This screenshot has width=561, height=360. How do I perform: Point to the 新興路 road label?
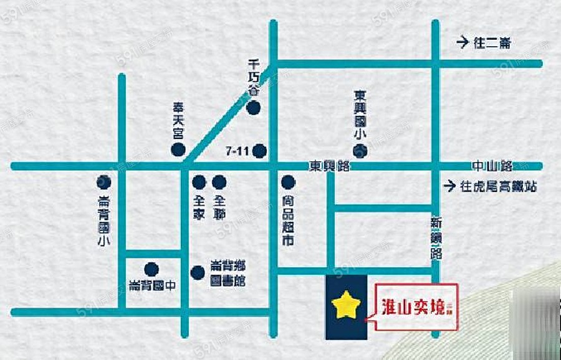(x=436, y=238)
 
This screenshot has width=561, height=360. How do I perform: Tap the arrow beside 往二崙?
(x=461, y=43)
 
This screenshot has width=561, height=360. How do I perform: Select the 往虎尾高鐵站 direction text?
(x=497, y=186)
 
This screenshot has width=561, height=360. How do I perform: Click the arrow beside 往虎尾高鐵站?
(x=448, y=186)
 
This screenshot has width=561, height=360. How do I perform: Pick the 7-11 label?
(x=238, y=151)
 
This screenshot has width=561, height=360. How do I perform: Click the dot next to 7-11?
(x=260, y=150)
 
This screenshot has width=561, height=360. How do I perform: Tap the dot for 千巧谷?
(x=252, y=108)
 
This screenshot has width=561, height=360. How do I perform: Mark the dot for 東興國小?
(x=360, y=150)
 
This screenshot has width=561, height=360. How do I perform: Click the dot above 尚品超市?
(x=287, y=182)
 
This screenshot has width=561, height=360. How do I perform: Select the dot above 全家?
(x=199, y=182)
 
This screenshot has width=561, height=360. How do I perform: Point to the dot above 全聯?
(x=219, y=182)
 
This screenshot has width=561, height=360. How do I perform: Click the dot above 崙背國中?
(x=151, y=270)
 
